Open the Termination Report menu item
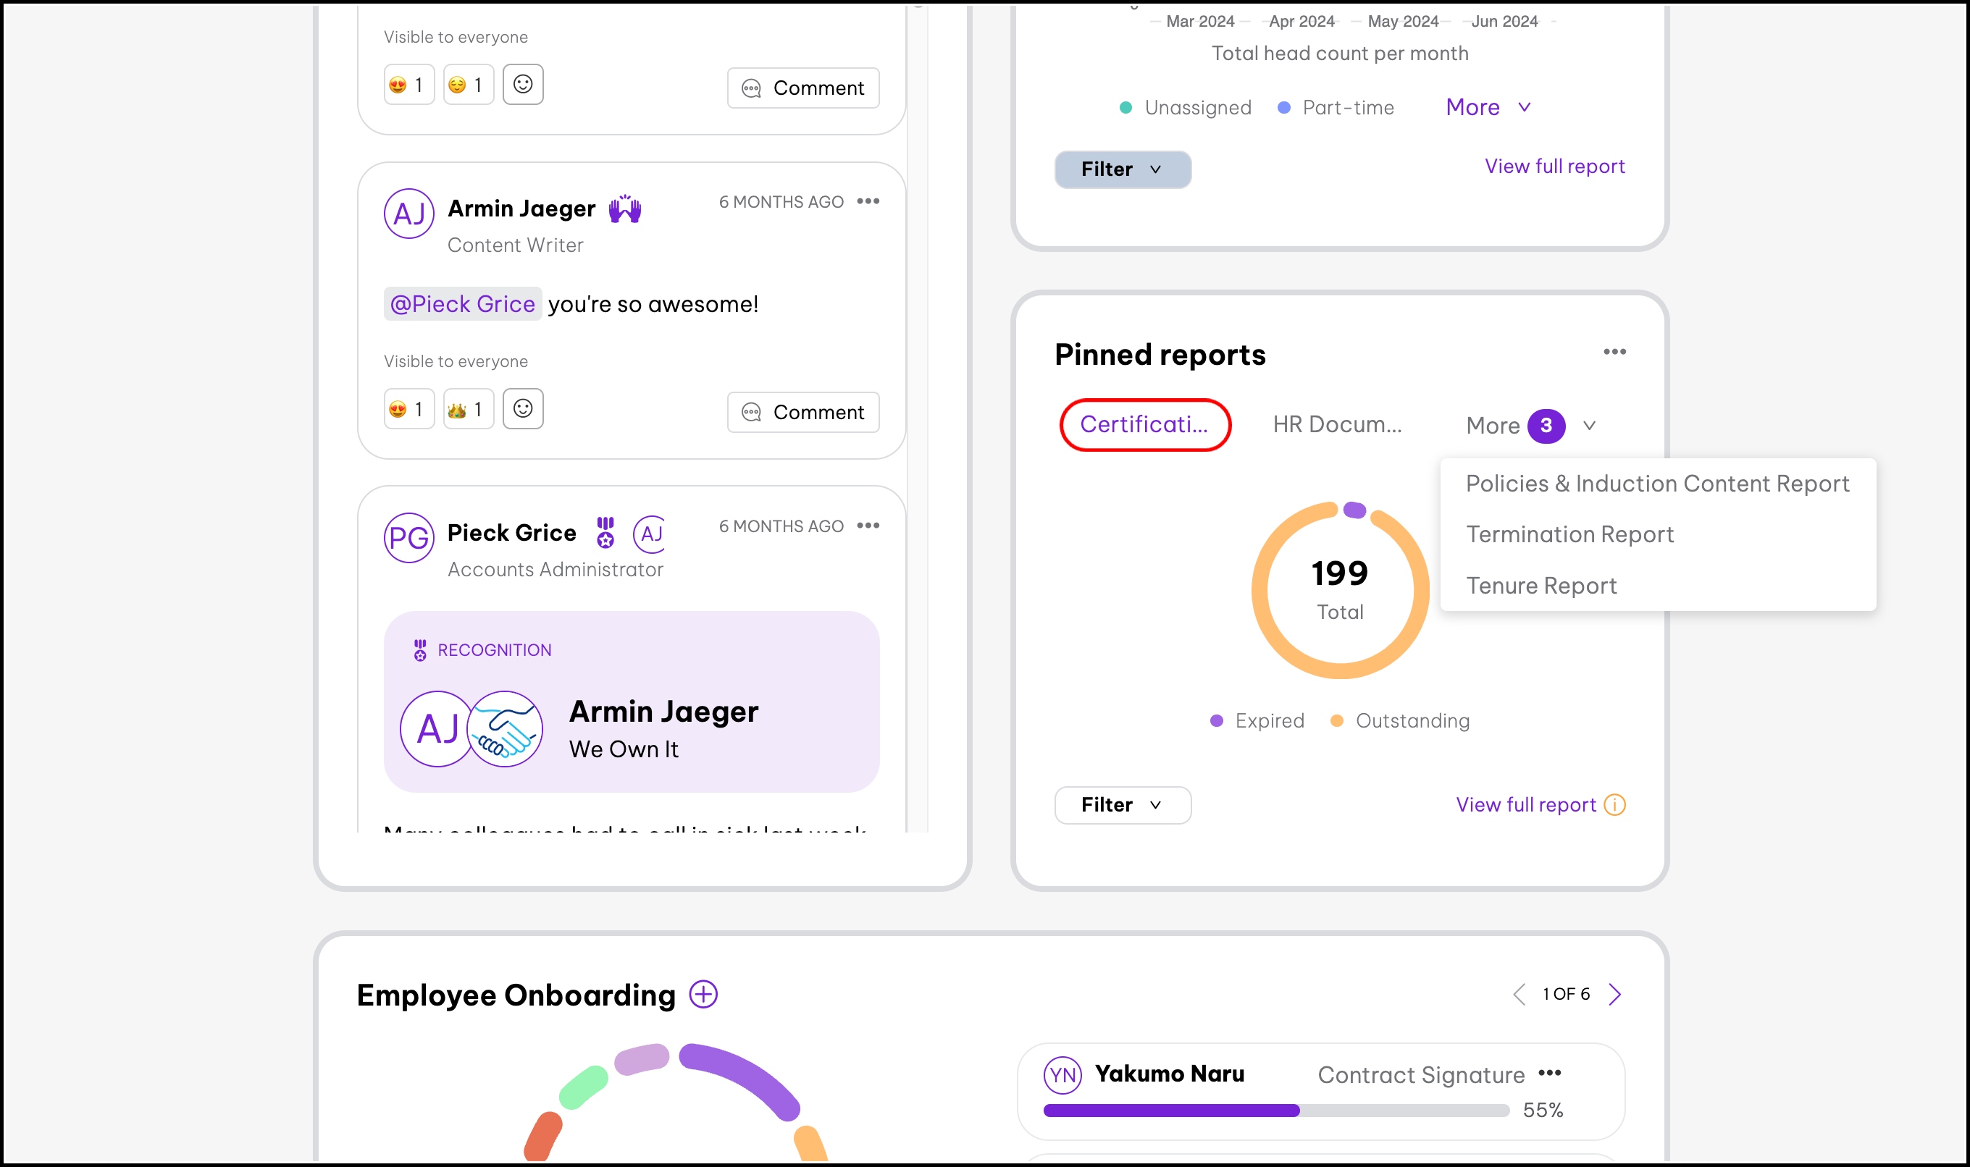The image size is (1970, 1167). coord(1569,535)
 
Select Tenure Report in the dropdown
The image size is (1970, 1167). coord(1541,586)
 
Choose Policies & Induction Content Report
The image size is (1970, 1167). coord(1657,484)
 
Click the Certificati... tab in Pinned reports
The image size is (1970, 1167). coord(1144,425)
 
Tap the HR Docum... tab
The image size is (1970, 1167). coord(1337,425)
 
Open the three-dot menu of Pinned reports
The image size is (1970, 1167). coord(1614,352)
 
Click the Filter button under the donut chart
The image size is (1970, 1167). coord(1122,804)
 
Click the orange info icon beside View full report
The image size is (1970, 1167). coord(1614,804)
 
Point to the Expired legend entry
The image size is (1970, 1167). coord(1257,721)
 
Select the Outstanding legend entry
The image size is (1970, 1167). coord(1401,721)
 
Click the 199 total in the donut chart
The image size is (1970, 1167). coord(1339,573)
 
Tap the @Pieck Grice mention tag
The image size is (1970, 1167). coord(463,304)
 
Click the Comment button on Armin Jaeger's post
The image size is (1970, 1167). coord(802,412)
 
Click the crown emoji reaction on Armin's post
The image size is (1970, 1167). coord(467,409)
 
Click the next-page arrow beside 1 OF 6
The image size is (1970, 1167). coord(1614,994)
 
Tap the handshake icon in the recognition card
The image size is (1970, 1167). coord(504,729)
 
